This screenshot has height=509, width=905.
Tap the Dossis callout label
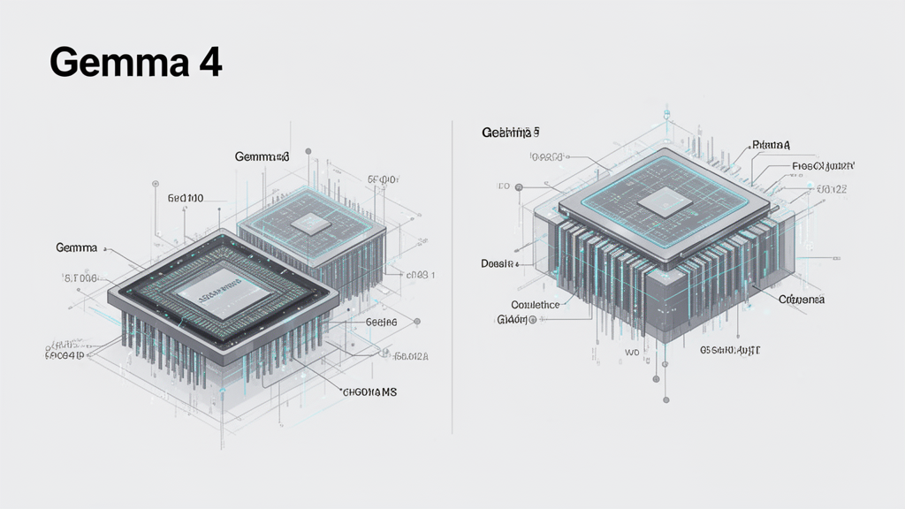click(500, 263)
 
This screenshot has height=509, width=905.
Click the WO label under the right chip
click(632, 353)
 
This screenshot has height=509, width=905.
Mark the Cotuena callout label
click(801, 300)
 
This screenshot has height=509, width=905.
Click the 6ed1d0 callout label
click(186, 199)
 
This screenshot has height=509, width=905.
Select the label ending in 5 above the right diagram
click(510, 133)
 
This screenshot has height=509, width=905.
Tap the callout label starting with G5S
click(730, 350)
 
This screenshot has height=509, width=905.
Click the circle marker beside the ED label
click(519, 187)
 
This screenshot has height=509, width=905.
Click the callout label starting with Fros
click(823, 166)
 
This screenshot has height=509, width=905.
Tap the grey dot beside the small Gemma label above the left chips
click(308, 151)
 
